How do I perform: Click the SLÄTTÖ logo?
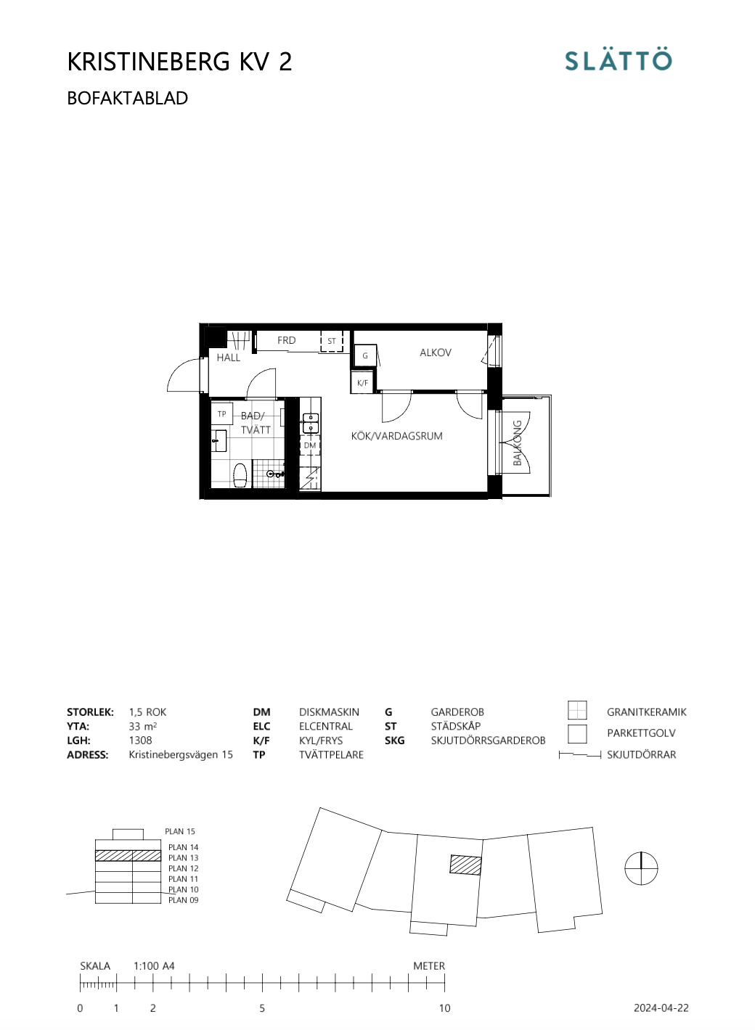619,60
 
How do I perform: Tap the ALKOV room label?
436,353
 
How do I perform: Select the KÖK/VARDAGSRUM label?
396,436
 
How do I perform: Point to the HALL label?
228,358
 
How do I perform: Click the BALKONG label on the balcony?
518,442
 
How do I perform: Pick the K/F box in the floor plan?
362,382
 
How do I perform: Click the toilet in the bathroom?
240,476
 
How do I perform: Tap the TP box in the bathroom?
221,414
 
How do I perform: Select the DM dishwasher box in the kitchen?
310,445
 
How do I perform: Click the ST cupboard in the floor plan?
332,341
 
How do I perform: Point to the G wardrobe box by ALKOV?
365,355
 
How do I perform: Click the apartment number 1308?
140,741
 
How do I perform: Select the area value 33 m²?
142,726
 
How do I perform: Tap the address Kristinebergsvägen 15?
181,754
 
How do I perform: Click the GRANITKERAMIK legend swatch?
577,710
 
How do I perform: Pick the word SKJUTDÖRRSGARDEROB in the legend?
488,741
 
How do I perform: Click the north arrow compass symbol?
641,868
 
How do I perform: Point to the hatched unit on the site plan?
465,865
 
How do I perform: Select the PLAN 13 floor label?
183,857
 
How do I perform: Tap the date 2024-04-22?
661,1008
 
